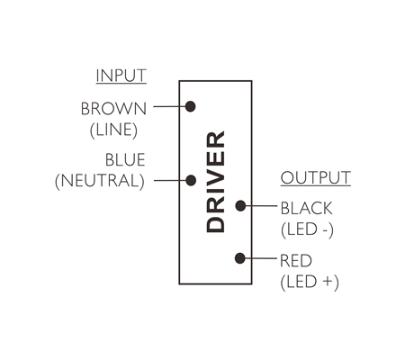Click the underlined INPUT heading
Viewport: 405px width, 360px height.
tap(121, 76)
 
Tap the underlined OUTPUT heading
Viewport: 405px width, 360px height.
tap(316, 178)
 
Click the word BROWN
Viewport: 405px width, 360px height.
tap(113, 109)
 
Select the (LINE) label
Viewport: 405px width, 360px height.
tap(113, 130)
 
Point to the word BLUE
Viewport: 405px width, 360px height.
tap(125, 159)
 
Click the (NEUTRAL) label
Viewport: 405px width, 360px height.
tap(100, 181)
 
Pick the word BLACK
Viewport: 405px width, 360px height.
tap(307, 208)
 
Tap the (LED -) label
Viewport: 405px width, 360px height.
tap(307, 229)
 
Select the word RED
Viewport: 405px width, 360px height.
tap(296, 261)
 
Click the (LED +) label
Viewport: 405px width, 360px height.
tap(310, 282)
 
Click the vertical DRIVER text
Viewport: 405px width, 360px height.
tap(216, 182)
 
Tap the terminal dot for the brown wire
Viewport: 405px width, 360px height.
tap(190, 106)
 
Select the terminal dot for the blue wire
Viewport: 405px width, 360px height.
tap(191, 181)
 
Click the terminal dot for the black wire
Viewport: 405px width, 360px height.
tap(240, 206)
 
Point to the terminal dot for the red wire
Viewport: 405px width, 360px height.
tap(240, 258)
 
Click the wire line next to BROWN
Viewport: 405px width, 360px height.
tap(169, 106)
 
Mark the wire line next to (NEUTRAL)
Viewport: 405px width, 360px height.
tap(170, 181)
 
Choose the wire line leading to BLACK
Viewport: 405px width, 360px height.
tap(260, 206)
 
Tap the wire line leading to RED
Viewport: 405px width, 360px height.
tap(260, 258)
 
